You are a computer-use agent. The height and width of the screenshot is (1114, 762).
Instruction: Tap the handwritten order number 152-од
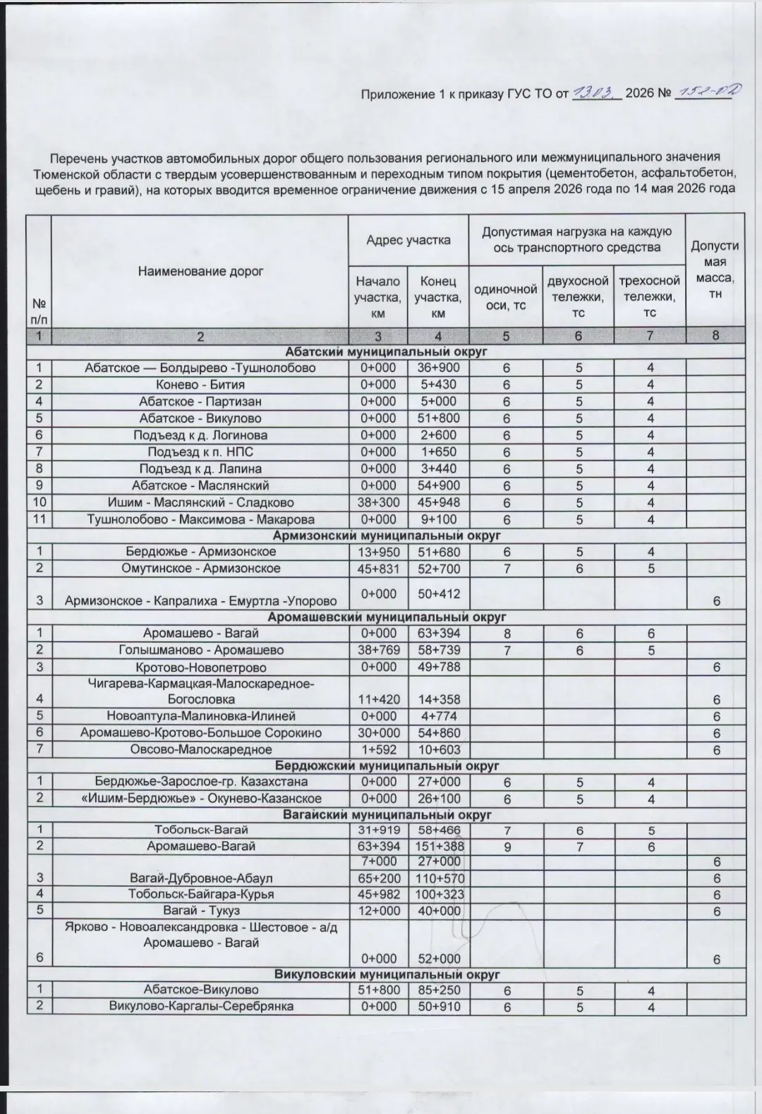703,92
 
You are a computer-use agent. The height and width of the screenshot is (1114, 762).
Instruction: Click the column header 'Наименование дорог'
200,271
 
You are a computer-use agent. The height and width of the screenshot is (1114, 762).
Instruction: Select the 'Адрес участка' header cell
408,240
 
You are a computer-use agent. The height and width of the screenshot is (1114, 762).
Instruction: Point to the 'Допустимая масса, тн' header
715,270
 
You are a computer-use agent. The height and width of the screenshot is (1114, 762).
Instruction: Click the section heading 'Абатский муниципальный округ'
387,351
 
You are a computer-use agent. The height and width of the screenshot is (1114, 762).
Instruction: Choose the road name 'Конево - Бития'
200,385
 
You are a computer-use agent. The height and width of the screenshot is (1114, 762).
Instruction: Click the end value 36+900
437,368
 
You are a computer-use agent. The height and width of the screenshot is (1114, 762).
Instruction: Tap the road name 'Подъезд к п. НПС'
200,452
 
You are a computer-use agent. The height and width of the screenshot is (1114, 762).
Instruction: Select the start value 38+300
378,502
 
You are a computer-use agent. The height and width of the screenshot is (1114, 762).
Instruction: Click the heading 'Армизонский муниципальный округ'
387,535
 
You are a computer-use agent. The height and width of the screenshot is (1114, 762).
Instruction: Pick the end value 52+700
437,568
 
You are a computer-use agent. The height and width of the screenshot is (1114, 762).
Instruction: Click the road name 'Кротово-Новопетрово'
200,667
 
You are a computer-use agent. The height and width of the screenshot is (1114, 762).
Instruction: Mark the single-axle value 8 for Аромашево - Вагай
506,634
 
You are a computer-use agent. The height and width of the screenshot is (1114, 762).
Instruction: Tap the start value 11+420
378,699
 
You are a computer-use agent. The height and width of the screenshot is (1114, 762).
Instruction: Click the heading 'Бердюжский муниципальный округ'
387,765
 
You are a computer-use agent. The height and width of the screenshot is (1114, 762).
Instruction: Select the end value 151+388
437,846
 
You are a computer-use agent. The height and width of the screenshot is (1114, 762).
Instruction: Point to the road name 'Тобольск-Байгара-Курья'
200,894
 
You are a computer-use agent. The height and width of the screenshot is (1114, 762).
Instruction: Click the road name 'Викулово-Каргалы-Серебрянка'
200,1006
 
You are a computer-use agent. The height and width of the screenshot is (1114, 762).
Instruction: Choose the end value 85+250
437,990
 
